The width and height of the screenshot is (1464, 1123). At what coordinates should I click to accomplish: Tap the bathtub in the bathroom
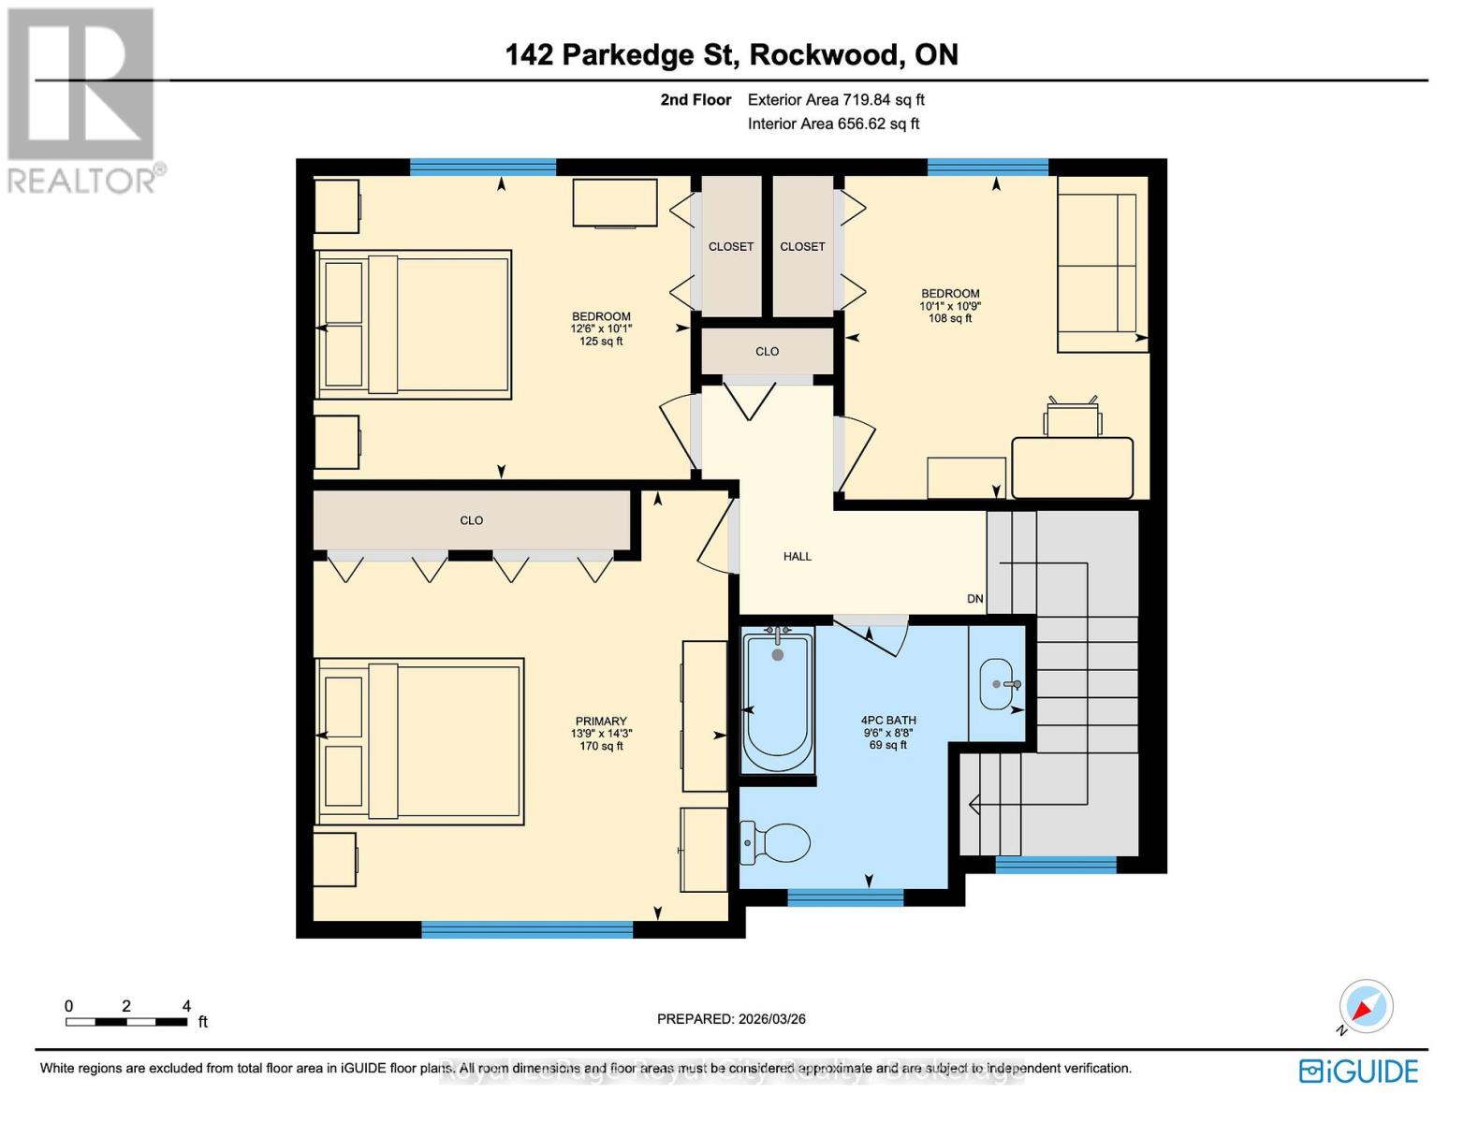[x=777, y=703]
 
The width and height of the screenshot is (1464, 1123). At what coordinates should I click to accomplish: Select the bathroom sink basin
[x=997, y=684]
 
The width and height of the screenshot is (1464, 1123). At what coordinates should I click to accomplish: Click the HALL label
[x=797, y=557]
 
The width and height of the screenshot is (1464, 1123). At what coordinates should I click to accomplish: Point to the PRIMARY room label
[x=601, y=722]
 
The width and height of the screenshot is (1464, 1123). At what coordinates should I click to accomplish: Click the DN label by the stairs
[x=975, y=599]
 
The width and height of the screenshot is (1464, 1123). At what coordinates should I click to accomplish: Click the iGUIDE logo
[x=1359, y=1071]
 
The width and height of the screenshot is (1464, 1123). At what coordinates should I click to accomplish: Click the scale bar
[x=126, y=1021]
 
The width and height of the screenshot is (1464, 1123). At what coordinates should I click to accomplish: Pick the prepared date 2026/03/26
[x=731, y=1019]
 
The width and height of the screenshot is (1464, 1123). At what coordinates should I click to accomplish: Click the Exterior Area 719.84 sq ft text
[x=836, y=100]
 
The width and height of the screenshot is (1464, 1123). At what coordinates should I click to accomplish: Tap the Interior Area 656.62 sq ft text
[x=833, y=124]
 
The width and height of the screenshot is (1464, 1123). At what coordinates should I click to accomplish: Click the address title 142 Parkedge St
[x=731, y=55]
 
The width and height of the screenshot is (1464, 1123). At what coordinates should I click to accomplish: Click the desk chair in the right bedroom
[x=1073, y=418]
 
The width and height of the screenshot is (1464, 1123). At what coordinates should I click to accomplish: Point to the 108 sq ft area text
[x=950, y=318]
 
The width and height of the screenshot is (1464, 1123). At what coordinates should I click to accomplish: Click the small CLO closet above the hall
[x=768, y=351]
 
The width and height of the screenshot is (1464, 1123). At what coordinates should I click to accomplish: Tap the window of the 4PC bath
[x=845, y=898]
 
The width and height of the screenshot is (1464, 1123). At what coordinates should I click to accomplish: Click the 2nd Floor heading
[x=695, y=100]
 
